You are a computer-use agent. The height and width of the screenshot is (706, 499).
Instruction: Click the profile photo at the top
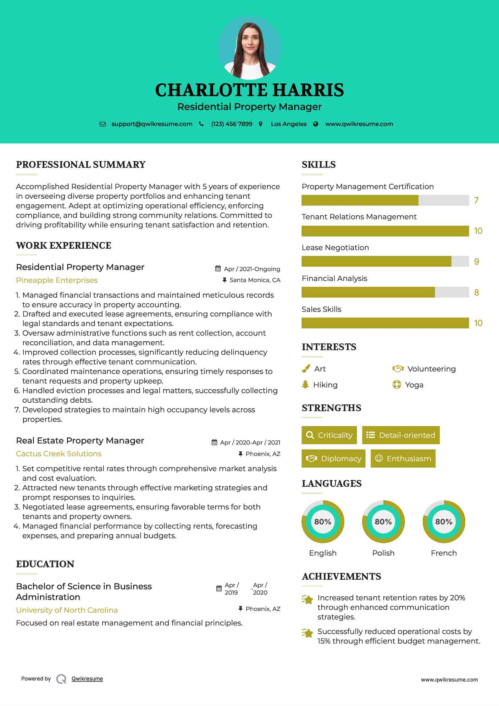click(x=250, y=48)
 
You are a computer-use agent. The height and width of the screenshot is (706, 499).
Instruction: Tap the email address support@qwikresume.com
click(x=152, y=124)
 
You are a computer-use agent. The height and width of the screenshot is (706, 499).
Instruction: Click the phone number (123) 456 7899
click(x=232, y=124)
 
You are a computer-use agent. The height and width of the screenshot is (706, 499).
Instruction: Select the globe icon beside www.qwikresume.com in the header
click(x=316, y=124)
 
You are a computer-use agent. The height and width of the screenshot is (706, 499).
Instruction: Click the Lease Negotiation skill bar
click(x=385, y=261)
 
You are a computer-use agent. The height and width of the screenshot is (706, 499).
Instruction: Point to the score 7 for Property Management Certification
click(x=476, y=200)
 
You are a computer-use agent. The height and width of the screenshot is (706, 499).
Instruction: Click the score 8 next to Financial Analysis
click(x=476, y=293)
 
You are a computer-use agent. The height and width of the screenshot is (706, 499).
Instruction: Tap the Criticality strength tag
click(x=329, y=435)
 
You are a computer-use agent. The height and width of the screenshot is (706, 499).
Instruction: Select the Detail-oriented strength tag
click(x=401, y=435)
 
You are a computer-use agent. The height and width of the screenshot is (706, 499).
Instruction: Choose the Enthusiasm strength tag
click(x=403, y=458)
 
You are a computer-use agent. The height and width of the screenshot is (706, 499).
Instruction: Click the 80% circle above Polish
click(x=383, y=522)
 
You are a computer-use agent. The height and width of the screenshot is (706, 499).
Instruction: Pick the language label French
click(x=444, y=553)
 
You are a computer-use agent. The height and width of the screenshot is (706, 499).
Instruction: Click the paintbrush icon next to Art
click(x=306, y=369)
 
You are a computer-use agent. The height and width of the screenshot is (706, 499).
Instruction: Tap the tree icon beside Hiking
click(x=305, y=385)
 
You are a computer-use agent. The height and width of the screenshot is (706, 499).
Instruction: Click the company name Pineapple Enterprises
click(x=57, y=280)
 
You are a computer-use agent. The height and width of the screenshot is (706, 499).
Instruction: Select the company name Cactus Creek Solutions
click(x=59, y=453)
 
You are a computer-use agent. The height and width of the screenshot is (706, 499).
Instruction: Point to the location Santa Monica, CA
click(x=255, y=280)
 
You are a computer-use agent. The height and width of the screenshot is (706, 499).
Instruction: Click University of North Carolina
click(x=67, y=610)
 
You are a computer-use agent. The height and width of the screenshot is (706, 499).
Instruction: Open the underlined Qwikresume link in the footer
click(x=87, y=678)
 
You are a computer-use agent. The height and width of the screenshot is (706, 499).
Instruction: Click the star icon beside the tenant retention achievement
click(x=307, y=600)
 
